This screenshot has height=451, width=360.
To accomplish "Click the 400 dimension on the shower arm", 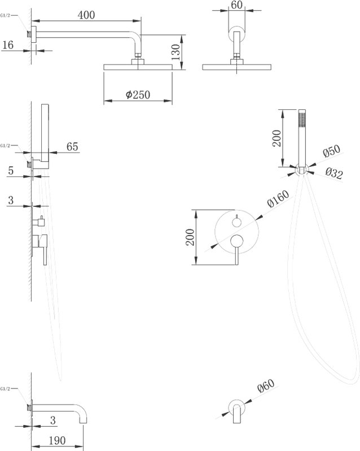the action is coord(86,15).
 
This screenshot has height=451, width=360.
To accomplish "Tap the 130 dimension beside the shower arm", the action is coord(175,52).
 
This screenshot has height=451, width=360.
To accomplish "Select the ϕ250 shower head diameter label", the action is coord(138,94).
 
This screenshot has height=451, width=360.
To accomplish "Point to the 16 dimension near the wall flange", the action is coord(8,45).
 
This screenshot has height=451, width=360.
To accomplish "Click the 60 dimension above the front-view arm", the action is coord(236,5).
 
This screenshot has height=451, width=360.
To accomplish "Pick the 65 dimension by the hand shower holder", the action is coord(72,147).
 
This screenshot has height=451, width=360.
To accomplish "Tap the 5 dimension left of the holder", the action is coord(11,170).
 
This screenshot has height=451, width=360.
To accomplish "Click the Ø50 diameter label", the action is coord(331,151).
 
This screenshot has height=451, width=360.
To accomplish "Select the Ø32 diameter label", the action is coord(334,174).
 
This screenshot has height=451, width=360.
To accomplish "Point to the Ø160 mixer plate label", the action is coord(278,198).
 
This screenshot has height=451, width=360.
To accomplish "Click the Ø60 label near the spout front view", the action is coord(266,386).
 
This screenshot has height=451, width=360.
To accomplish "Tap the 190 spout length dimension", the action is coord(57,440).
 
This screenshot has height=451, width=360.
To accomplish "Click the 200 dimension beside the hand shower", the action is coord(276,138).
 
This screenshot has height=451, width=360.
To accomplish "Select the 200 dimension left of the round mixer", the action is coord(190,237).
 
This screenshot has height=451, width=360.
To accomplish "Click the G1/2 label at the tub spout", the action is coord(6,389).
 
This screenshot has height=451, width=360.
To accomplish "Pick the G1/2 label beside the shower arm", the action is coord(6,16).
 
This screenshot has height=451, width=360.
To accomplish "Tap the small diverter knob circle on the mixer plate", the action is coord(237,222).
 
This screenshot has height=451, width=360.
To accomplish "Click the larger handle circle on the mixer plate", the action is coord(237,241).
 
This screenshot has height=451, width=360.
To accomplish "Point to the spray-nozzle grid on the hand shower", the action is coord(302,119).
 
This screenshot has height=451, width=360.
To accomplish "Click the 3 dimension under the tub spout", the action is coord(52,420).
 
